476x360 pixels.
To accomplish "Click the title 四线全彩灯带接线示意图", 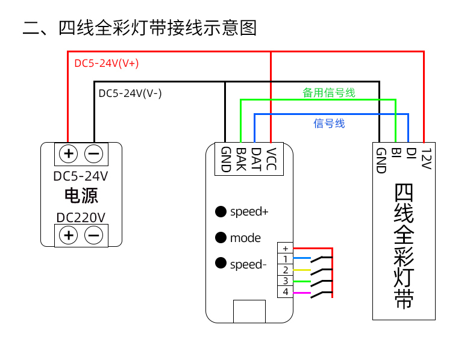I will pos(140,28).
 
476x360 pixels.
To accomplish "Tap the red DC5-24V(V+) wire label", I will pos(107,63).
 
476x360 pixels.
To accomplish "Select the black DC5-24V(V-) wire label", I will pos(130,93).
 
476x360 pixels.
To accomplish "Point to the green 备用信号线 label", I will pos(328,93).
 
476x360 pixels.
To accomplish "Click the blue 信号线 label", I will pos(329,123).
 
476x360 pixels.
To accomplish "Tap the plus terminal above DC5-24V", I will pos(69,154).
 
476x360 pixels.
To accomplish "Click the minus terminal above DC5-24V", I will pos(93,154).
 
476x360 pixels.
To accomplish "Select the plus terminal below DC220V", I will pos(69,235).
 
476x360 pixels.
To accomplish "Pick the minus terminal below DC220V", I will pos(93,235).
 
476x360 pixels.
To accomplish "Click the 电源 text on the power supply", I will pos(81,196).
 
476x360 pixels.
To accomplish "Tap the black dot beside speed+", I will pos(221,212).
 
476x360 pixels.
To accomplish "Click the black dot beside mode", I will pos(221,238).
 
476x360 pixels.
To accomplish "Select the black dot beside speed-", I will pos(221,263).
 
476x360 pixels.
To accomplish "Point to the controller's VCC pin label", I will pos(272,160).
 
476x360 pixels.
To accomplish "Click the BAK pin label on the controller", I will pos(240,160).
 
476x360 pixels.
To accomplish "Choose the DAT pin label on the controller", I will pos(256,160).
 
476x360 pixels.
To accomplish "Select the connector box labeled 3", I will pos(284,281).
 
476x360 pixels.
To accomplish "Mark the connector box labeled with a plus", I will pos(284,248).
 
